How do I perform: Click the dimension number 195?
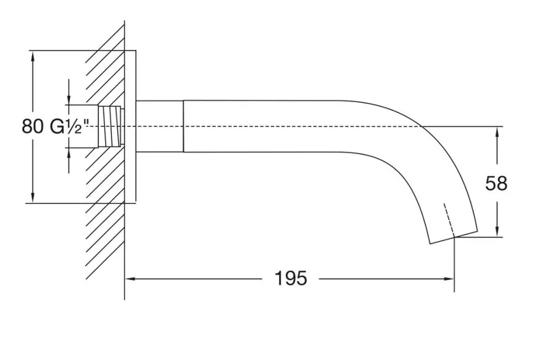pos(291,278)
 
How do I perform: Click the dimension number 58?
pos(496,183)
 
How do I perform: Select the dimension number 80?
pos(33,126)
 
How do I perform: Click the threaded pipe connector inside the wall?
pos(111,126)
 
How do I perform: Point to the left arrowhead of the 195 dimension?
pos(130,279)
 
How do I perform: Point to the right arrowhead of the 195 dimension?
pos(449,279)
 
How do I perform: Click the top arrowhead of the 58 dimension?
pos(497,132)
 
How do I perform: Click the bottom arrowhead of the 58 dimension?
pos(497,231)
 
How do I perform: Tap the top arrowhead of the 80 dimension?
pos(33,56)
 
